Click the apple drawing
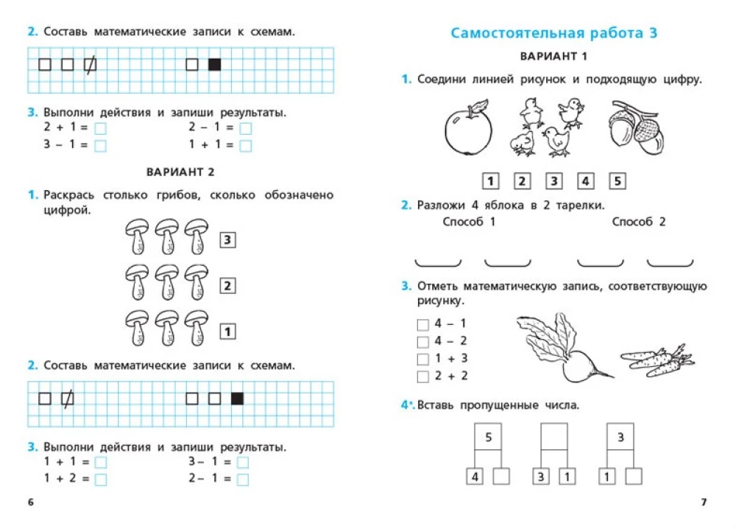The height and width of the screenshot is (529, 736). [x=467, y=130]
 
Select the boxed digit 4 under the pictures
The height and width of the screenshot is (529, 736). [x=586, y=181]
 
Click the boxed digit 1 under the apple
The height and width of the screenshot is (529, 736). [x=490, y=181]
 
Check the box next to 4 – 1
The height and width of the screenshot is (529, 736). [x=422, y=324]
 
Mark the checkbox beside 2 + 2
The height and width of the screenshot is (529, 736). [x=422, y=377]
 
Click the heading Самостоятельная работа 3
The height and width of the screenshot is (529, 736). [x=553, y=33]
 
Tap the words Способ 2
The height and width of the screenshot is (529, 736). [x=638, y=222]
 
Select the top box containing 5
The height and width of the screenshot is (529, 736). [x=488, y=438]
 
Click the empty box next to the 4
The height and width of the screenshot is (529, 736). [x=501, y=477]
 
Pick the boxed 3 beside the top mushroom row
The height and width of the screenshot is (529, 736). [x=228, y=239]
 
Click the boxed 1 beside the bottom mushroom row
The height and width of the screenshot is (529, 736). [x=228, y=332]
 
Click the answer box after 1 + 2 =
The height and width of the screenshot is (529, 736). [x=101, y=480]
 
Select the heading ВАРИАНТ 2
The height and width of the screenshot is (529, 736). [x=180, y=172]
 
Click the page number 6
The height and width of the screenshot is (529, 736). [x=30, y=502]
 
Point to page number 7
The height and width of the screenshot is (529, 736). [x=704, y=502]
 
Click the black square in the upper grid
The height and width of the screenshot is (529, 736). [x=215, y=65]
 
